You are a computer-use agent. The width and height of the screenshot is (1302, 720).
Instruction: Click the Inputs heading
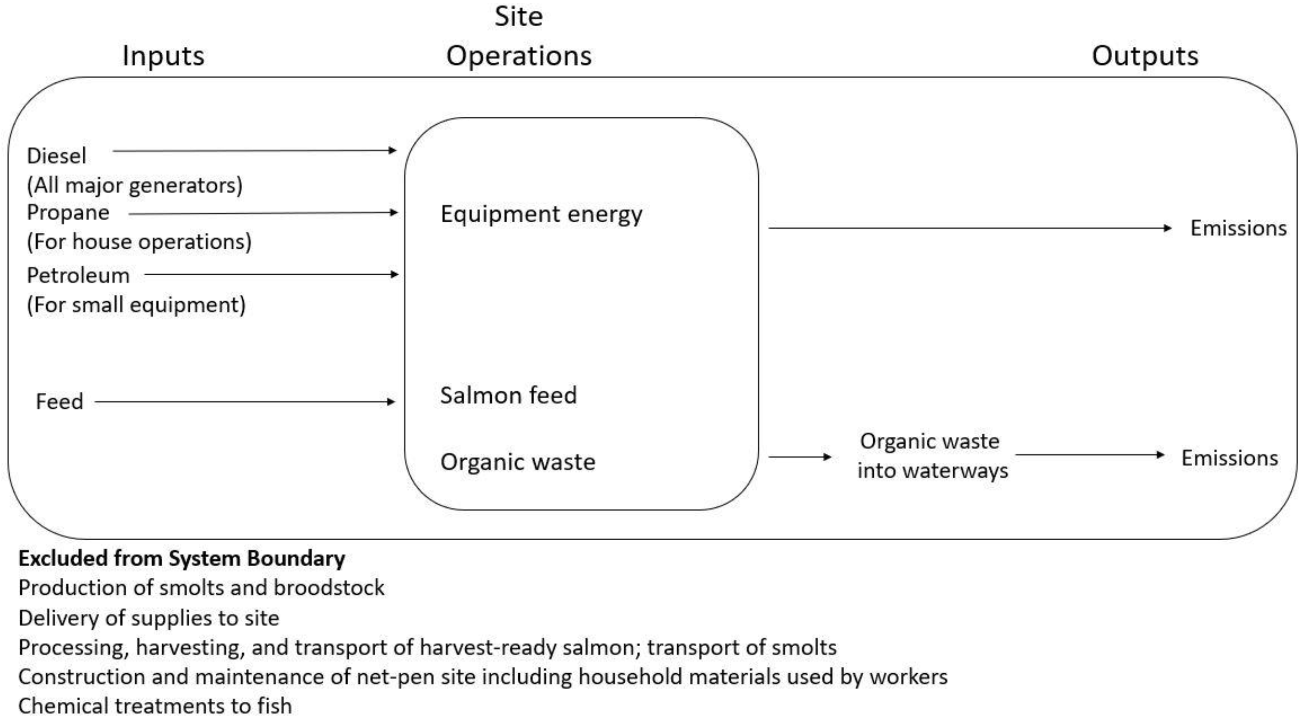163,56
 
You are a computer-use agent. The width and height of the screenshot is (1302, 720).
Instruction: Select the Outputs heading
1145,56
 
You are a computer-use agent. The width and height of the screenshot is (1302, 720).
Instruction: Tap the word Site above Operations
519,17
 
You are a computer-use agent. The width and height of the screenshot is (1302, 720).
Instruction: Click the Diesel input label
56,156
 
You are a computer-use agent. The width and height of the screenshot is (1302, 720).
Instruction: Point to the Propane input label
68,212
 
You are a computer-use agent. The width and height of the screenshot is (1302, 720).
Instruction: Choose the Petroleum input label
78,276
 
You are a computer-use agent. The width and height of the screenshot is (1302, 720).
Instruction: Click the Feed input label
59,401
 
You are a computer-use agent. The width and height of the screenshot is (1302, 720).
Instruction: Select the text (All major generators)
134,185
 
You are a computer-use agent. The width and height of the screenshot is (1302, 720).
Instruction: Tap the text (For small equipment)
136,305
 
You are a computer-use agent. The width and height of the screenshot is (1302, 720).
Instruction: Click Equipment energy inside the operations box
541,214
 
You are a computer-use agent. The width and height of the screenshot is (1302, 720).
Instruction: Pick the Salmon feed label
508,395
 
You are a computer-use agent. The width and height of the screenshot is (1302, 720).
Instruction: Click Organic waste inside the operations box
518,462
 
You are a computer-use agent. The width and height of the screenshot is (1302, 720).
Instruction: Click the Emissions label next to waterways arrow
1229,458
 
